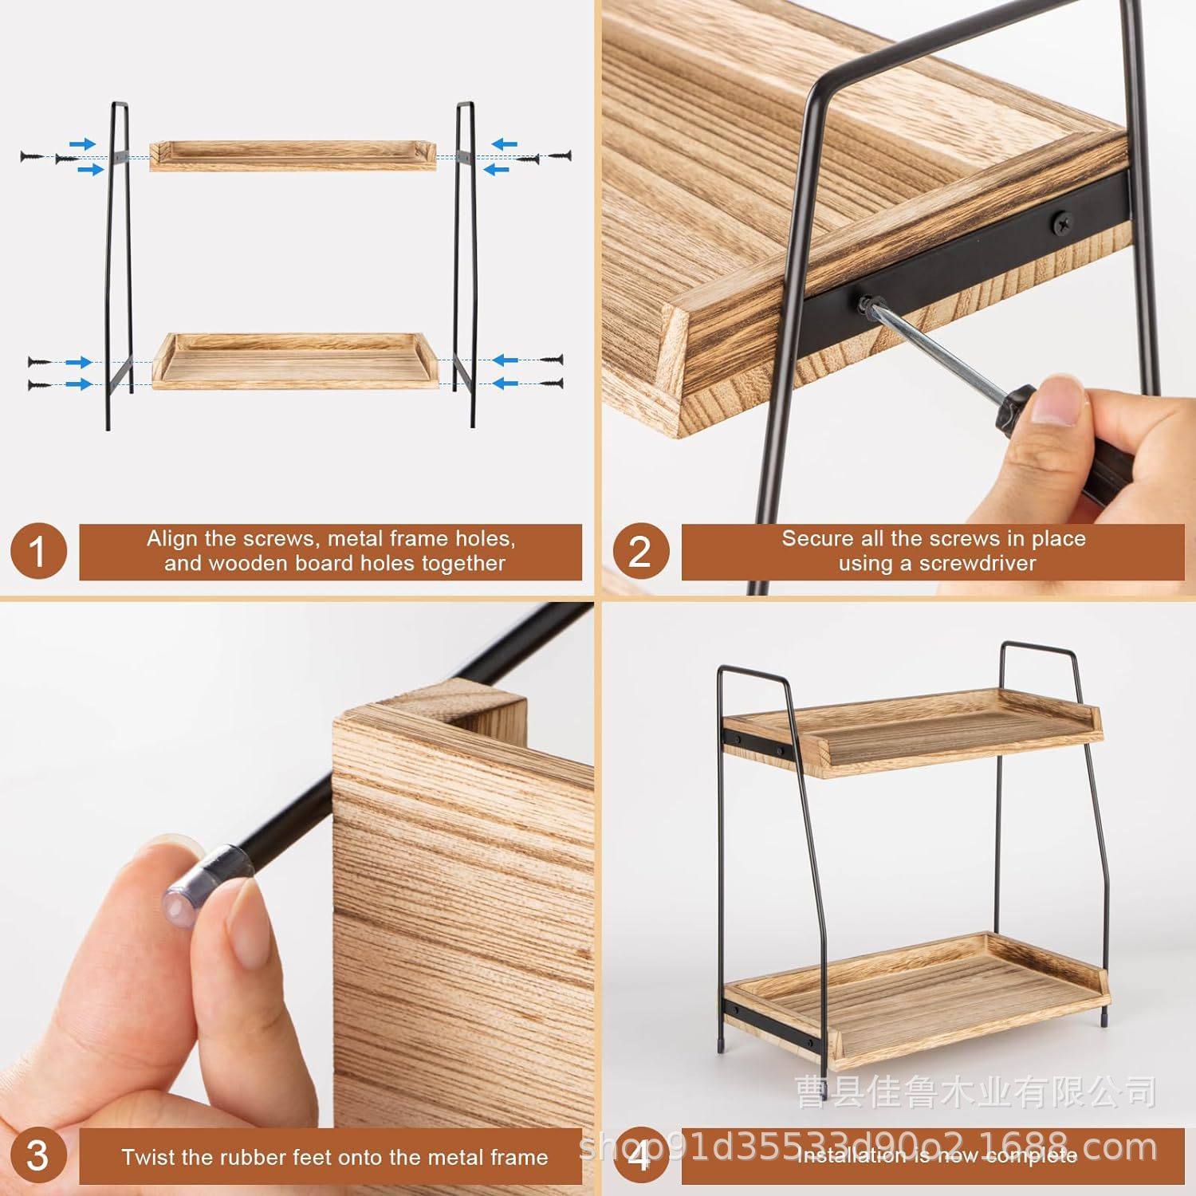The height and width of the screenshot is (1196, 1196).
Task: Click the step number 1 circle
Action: pos(37,552)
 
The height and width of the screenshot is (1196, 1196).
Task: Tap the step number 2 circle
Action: pos(639,552)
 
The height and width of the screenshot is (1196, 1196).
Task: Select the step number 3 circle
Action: pos(37,1156)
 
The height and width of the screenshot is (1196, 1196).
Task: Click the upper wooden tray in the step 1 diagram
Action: pos(293,155)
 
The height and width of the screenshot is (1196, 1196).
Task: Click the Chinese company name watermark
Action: pos(976,1092)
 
